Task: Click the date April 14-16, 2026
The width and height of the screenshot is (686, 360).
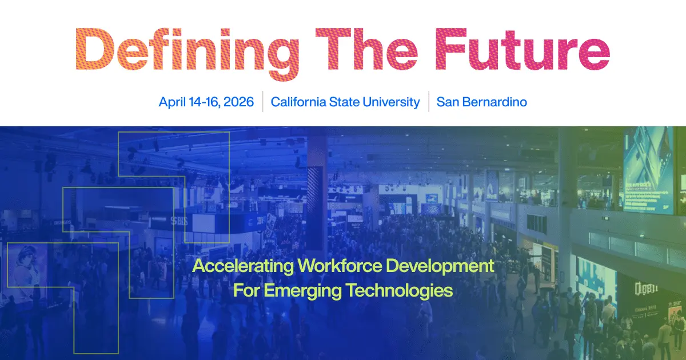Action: pos(206,102)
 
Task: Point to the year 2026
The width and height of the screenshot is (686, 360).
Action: pos(238,102)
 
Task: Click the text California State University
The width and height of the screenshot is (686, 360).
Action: pos(345,102)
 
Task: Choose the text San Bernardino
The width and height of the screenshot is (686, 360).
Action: pos(481,102)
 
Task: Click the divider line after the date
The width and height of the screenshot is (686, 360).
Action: pos(262,102)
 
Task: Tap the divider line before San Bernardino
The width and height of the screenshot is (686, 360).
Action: pos(428,102)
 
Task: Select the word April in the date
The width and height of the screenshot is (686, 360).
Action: pos(173,102)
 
